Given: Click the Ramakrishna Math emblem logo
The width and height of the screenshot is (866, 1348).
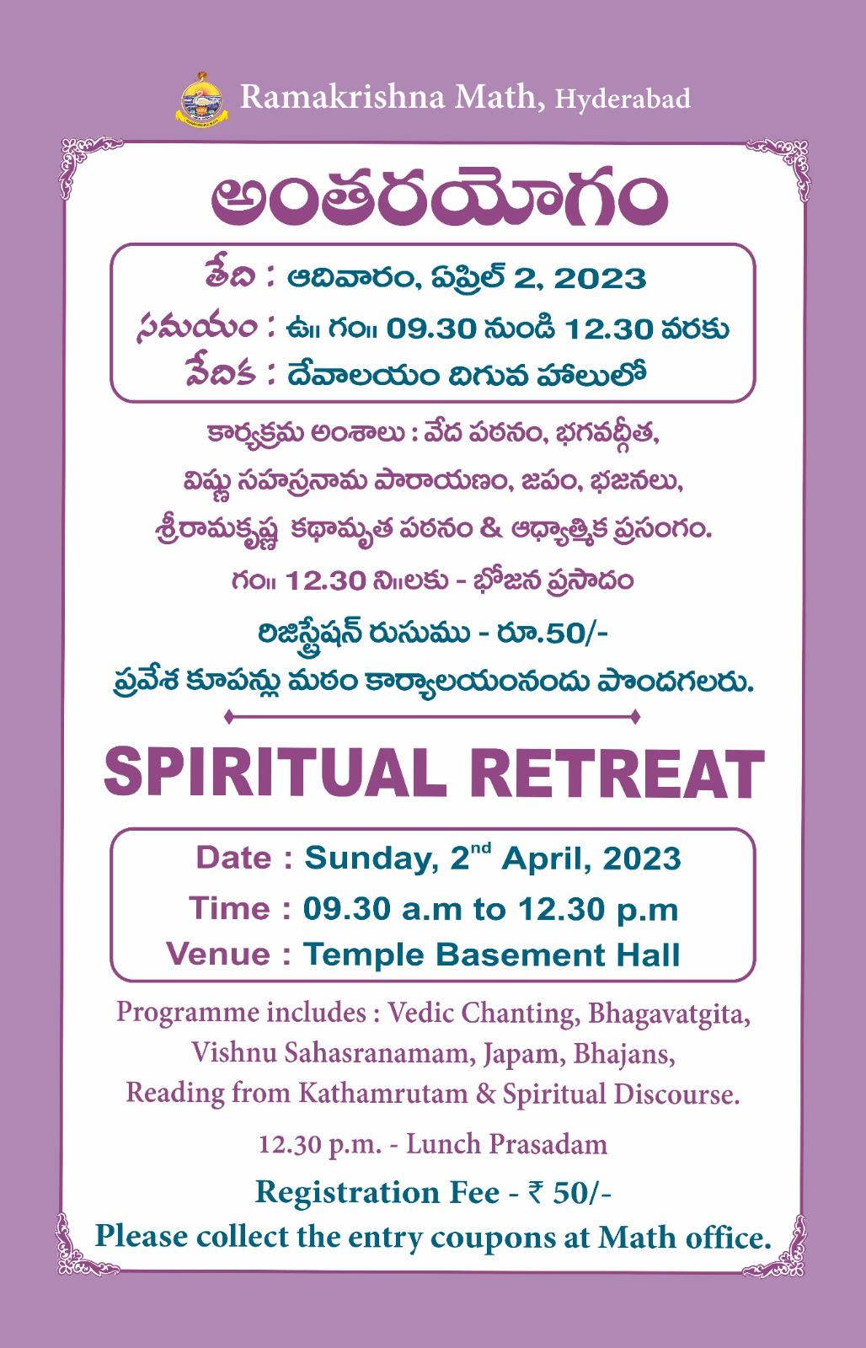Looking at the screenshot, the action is click(202, 98).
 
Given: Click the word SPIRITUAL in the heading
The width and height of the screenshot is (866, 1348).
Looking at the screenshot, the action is click(275, 773).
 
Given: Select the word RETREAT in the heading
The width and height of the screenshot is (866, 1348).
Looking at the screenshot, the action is click(617, 773).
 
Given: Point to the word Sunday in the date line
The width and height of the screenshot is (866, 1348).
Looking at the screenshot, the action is click(372, 859).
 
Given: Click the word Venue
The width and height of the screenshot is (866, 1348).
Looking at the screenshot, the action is click(218, 955).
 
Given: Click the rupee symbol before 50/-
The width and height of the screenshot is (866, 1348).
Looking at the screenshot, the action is click(535, 1193).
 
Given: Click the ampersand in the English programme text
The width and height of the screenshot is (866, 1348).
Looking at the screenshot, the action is click(485, 1094).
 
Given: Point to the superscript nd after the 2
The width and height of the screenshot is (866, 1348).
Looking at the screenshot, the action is click(482, 848).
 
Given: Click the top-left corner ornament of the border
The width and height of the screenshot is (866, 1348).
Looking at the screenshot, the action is click(90, 167).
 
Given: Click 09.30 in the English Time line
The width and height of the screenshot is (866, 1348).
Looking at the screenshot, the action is click(346, 909).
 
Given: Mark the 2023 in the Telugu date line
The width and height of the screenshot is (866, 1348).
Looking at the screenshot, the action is click(600, 279).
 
